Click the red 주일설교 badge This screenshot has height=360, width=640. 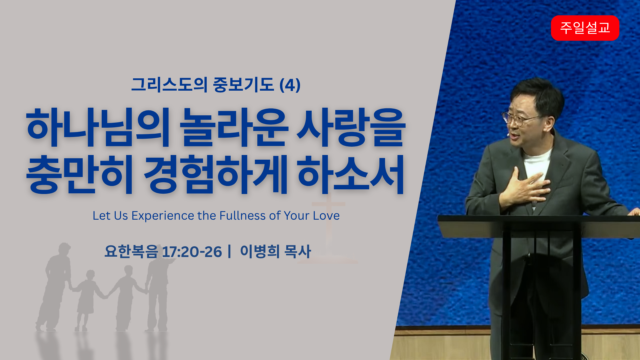click(585, 28)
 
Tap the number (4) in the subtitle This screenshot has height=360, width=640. click(290, 85)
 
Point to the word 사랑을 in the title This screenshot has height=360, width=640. click(351, 128)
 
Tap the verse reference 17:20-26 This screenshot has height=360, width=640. click(192, 252)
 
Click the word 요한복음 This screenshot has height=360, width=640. click(131, 251)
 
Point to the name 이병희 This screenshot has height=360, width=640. click(260, 251)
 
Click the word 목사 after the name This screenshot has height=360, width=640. click(298, 251)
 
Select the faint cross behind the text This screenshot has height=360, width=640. click(328, 230)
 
